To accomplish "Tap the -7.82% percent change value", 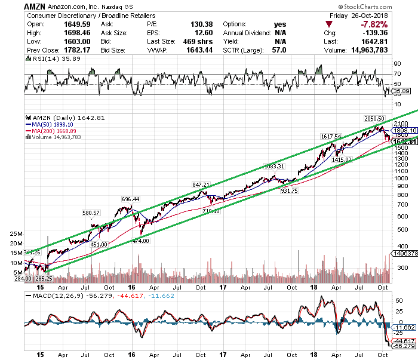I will [x=392, y=24].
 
